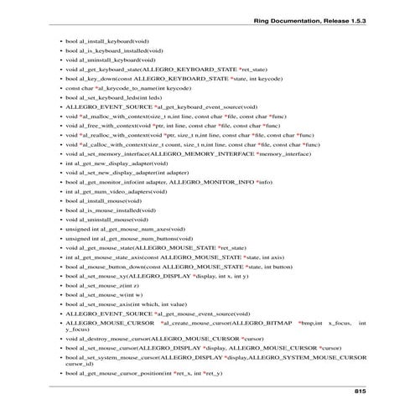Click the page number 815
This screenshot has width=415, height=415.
(360, 391)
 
